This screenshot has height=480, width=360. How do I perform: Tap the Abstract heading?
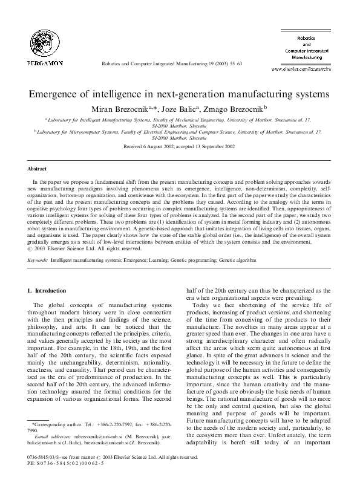point(38,169)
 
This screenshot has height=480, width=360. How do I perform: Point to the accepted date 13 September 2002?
point(214,146)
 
